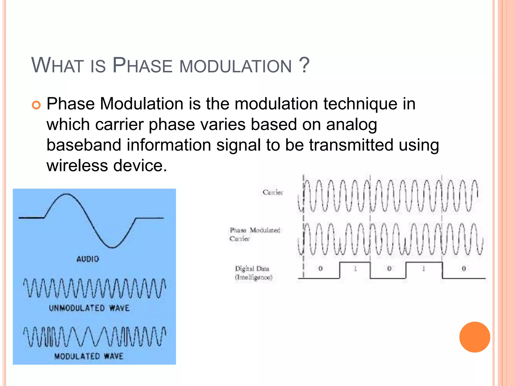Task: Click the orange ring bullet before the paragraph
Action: (36, 105)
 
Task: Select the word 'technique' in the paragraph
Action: (360, 104)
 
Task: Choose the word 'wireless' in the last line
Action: (77, 166)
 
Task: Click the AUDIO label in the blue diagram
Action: (88, 259)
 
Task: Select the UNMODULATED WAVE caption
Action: (89, 308)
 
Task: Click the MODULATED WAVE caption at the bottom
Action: (89, 356)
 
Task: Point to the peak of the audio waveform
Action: (66, 194)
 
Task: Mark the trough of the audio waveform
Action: (113, 248)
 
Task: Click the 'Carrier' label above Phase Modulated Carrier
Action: (273, 192)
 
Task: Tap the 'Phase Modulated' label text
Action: (255, 230)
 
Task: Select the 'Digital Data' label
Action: (252, 269)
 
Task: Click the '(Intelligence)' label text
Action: (253, 277)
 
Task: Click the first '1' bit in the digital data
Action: (355, 269)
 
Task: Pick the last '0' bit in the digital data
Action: (464, 269)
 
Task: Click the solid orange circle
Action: (475, 337)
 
